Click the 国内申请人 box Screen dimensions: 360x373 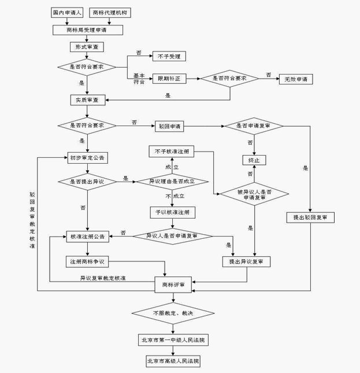[67, 13]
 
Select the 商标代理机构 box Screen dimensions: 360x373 [110, 13]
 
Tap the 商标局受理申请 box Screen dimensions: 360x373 [88, 30]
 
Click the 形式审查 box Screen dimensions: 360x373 [87, 47]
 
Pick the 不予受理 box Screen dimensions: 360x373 [169, 56]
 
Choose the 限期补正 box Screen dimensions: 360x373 [169, 79]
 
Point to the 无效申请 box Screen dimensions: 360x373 [296, 79]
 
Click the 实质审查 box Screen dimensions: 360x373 [88, 100]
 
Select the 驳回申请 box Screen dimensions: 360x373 [169, 126]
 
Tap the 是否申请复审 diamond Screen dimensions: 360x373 [254, 126]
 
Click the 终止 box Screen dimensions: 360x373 [254, 160]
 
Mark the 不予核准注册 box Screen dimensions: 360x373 [171, 152]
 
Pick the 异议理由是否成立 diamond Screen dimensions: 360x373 [172, 182]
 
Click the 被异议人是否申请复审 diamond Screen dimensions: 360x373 [254, 194]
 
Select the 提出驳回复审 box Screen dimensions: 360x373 [310, 217]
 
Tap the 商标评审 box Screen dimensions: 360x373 [173, 285]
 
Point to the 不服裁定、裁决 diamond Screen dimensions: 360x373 [173, 313]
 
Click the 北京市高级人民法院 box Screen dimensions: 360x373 [173, 361]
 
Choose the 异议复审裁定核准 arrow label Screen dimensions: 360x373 [103, 278]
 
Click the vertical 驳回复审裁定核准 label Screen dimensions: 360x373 [32, 220]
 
